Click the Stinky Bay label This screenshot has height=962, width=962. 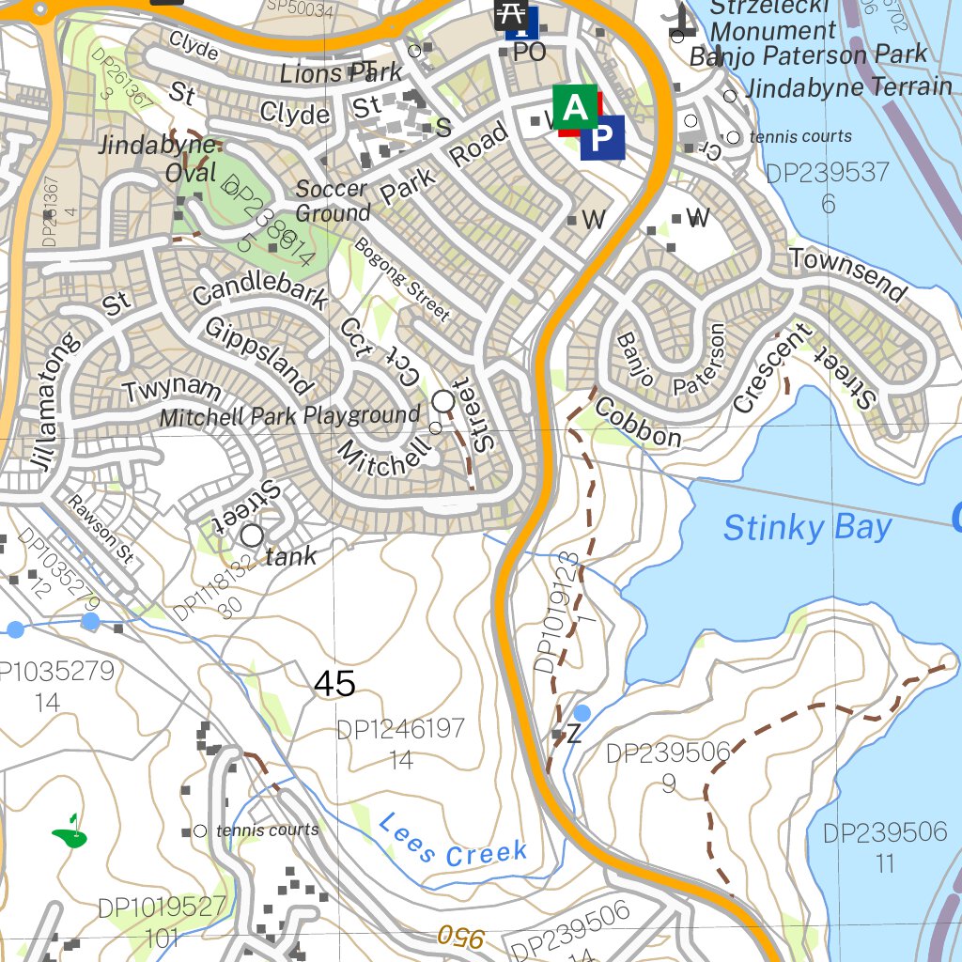coord(806,528)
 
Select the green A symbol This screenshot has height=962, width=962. coord(575,108)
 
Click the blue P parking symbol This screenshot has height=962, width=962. coord(602,137)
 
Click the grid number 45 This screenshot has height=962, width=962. coord(334,684)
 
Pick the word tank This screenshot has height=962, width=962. coord(291,556)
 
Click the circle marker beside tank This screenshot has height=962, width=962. coord(252,535)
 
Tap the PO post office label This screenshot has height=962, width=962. coord(529,53)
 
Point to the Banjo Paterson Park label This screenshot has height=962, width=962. coord(808,56)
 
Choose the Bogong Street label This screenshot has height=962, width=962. coord(402,278)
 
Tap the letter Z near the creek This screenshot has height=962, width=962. coord(574,734)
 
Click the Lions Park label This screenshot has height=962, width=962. coord(341,73)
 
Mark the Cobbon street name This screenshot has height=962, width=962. coord(638,423)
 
